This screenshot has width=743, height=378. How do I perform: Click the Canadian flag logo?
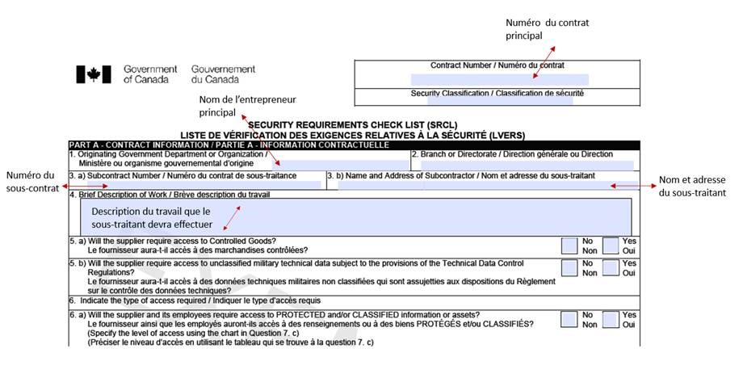pyautogui.click(x=93, y=74)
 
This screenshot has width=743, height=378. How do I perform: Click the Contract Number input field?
pyautogui.click(x=498, y=79)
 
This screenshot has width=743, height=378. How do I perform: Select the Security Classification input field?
pyautogui.click(x=499, y=101)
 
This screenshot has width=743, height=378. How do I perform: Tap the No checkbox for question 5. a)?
pyautogui.click(x=569, y=245)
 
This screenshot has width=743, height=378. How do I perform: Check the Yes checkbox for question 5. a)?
pyautogui.click(x=611, y=245)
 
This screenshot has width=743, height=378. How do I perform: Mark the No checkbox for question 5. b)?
pyautogui.click(x=569, y=267)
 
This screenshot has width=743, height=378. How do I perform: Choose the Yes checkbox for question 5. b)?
pyautogui.click(x=611, y=267)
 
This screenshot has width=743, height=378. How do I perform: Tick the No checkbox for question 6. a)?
pyautogui.click(x=569, y=319)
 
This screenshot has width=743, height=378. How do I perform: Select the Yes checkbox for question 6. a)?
pyautogui.click(x=611, y=319)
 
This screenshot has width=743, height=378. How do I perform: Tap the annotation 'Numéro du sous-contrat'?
pyautogui.click(x=31, y=182)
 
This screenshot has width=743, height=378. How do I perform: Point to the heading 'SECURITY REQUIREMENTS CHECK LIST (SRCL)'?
pyautogui.click(x=352, y=125)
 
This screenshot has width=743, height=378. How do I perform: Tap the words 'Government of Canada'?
pyautogui.click(x=150, y=74)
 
